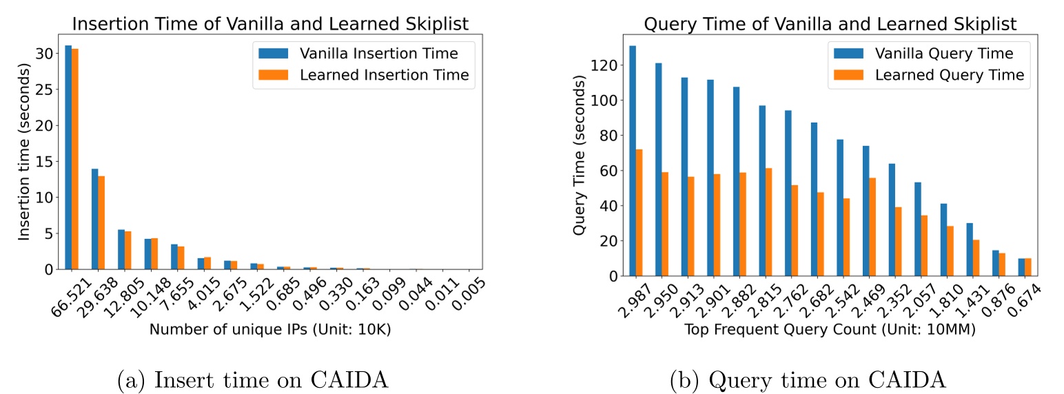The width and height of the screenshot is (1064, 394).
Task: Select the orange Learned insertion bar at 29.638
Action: [x=101, y=222]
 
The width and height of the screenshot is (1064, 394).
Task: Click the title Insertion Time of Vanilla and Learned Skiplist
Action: [x=270, y=23]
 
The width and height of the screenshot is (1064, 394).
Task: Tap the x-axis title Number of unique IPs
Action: [x=270, y=329]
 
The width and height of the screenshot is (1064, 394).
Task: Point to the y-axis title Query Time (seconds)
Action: [x=580, y=155]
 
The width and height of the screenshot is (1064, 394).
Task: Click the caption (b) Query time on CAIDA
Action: [x=807, y=378]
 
